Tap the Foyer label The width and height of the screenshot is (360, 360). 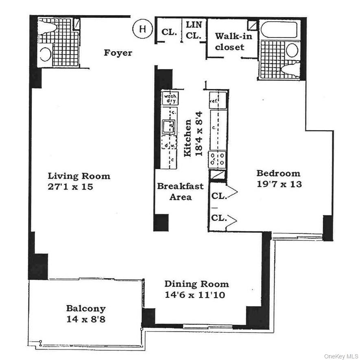point(118,53)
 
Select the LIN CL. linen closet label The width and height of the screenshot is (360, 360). point(194,30)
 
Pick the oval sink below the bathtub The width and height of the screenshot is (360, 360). point(292,50)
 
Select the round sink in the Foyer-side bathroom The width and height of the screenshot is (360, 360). point(46,54)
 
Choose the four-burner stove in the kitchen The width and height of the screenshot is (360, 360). point(217,159)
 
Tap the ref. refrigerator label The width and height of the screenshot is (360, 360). point(213,100)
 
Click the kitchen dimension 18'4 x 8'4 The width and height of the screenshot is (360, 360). point(193,138)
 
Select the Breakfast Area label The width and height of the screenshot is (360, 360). point(180,192)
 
